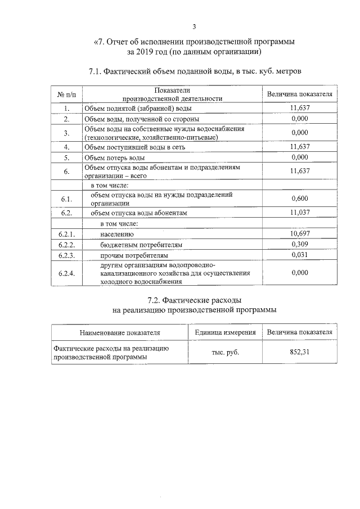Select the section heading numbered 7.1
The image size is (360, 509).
(195, 72)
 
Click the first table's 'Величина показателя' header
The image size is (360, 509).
(300, 94)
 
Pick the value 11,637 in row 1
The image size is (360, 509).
(300, 107)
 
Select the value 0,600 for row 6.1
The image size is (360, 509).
(300, 199)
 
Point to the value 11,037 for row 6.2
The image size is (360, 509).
(300, 213)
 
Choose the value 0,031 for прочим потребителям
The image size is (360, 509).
(300, 255)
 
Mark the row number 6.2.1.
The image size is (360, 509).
(66, 233)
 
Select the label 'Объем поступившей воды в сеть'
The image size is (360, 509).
(134, 147)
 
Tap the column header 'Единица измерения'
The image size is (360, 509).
(225, 332)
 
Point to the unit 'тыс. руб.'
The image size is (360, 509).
(225, 352)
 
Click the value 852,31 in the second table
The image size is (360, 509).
(300, 352)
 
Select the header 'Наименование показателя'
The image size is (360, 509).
(119, 332)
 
